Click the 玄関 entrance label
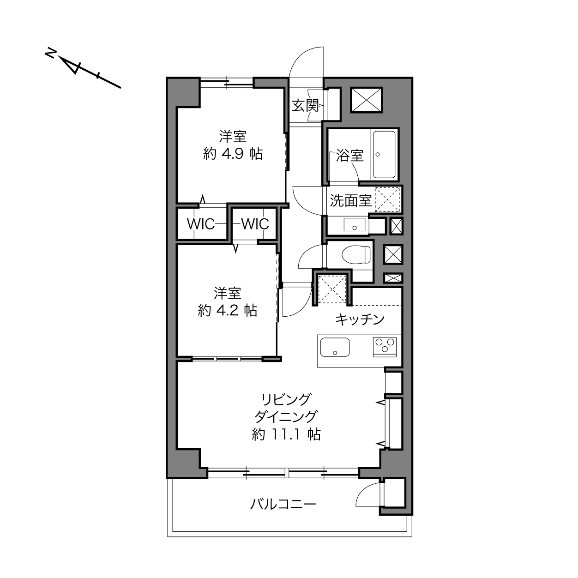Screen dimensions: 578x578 tap(305, 106)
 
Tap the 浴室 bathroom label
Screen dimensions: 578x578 tap(349, 156)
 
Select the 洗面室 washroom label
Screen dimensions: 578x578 tap(351, 200)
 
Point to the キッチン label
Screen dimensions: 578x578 tap(360, 319)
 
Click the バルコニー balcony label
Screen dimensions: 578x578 tap(283, 504)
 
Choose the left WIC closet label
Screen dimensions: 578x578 tap(201, 224)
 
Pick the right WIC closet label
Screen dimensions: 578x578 tap(255, 224)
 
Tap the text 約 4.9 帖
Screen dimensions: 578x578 tap(233, 154)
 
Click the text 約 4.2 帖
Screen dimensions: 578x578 tap(227, 310)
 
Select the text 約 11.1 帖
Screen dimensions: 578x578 tap(286, 434)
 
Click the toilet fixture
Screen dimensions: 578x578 tap(356, 255)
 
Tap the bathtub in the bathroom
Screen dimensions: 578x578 tap(384, 155)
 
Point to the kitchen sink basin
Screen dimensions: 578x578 tap(335, 347)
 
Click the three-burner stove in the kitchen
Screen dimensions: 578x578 tap(385, 347)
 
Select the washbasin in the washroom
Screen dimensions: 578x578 tap(355, 225)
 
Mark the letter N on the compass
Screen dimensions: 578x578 tap(50, 54)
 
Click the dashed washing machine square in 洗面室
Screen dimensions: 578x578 tap(387, 200)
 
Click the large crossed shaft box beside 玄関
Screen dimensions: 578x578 tap(367, 100)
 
